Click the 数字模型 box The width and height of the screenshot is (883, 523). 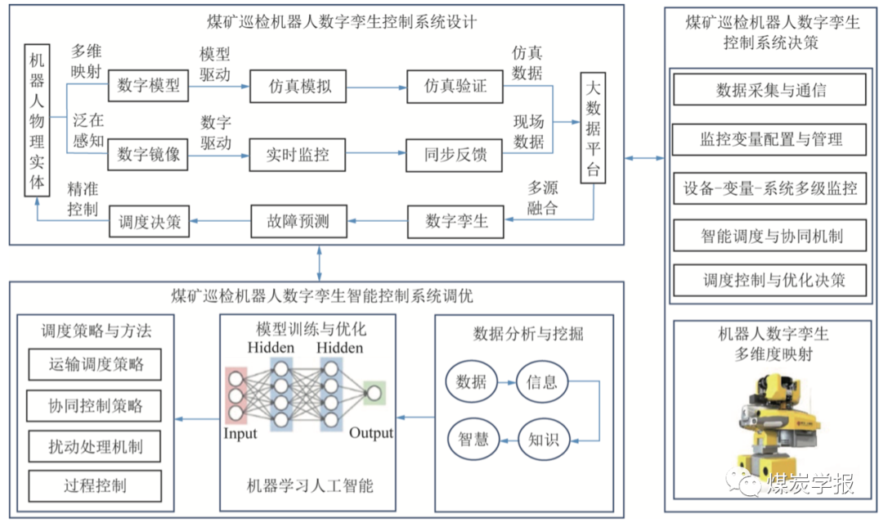pos(148,85)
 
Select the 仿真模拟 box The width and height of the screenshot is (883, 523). pos(300,85)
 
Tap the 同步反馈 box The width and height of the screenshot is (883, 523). pos(455,153)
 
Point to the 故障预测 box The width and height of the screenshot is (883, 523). pos(300,220)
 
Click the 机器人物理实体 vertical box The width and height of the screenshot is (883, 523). pos(37,121)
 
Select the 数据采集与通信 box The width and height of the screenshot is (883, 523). pos(769,90)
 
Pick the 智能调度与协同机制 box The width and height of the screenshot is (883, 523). pos(769,237)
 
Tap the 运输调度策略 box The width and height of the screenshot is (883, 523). pos(96,364)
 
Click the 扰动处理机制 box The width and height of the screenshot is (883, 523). pos(96,446)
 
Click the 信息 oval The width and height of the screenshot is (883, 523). pos(542,381)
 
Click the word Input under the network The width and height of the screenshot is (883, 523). pos(240,433)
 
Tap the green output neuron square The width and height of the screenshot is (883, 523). pos(374,394)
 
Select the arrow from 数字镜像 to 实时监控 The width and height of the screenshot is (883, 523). pos(218,153)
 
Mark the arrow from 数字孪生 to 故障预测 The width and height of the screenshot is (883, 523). pos(379,220)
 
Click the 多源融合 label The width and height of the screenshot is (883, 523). pos(542,198)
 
